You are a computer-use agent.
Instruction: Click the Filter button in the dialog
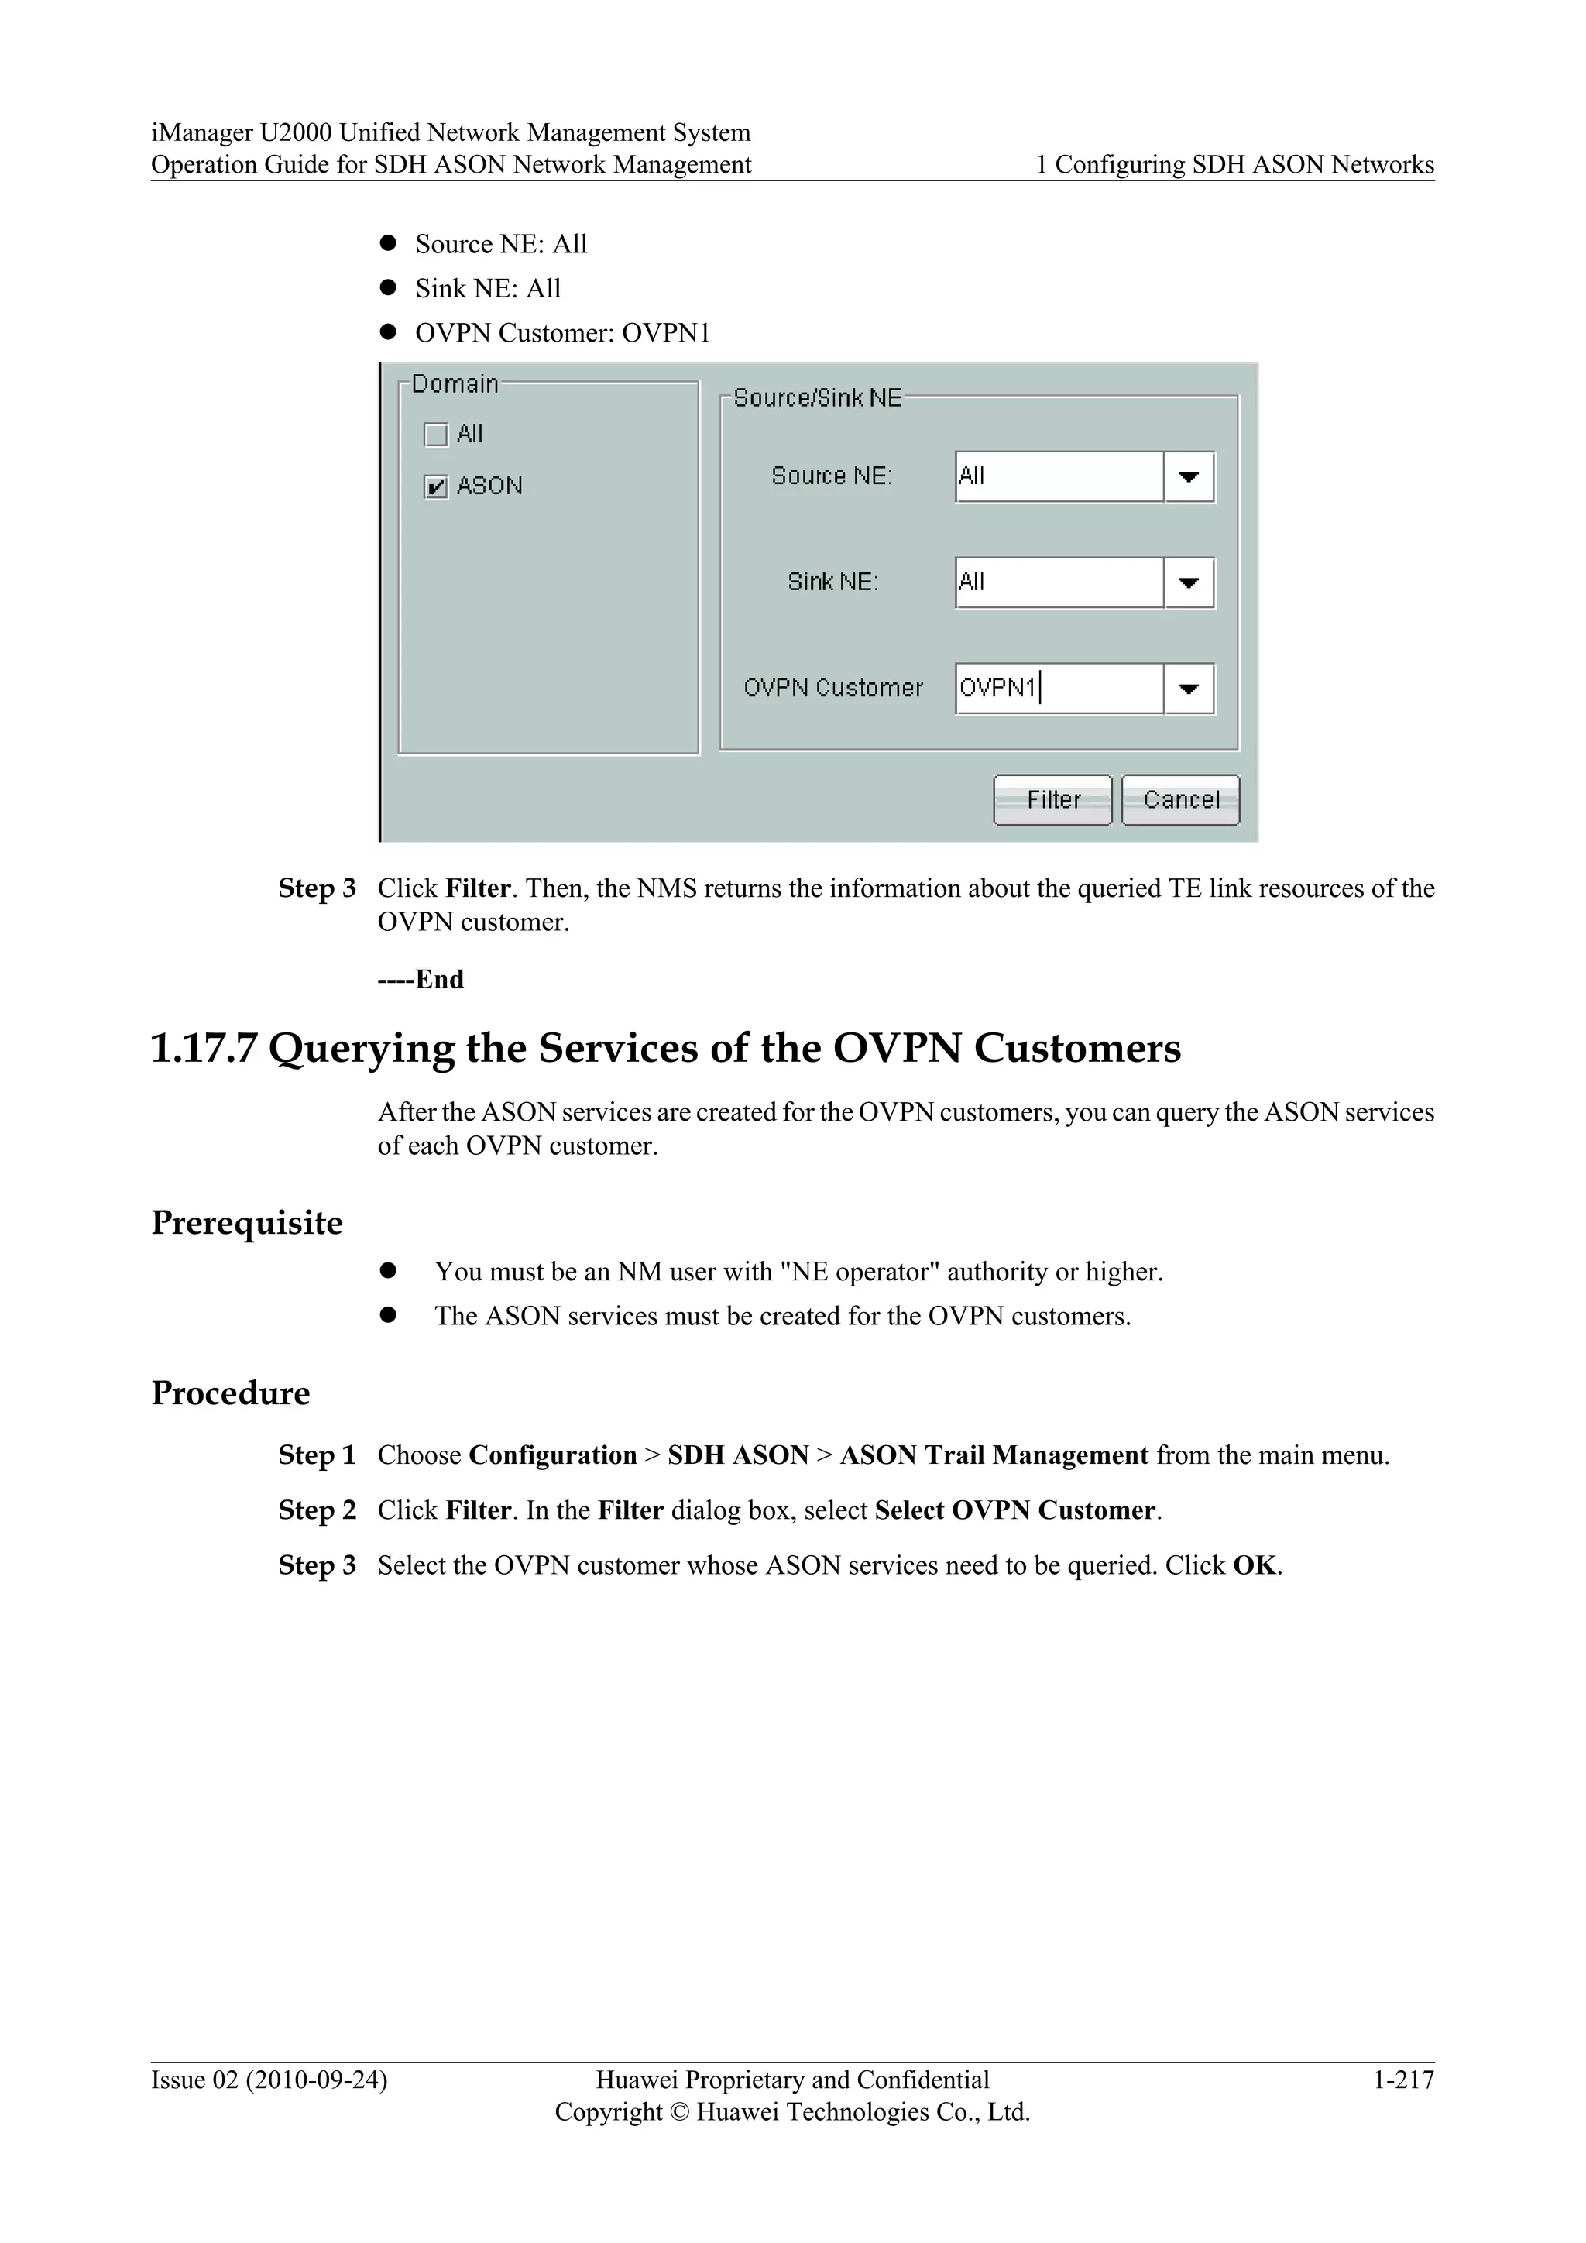pyautogui.click(x=1052, y=800)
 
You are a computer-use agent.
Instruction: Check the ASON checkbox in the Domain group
pyautogui.click(x=435, y=486)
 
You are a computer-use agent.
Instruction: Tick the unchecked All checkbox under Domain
pyautogui.click(x=435, y=434)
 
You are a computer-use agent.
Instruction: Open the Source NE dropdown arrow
pyautogui.click(x=1189, y=477)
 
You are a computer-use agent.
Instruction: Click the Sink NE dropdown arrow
pyautogui.click(x=1189, y=583)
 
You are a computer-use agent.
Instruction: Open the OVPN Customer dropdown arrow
pyautogui.click(x=1189, y=689)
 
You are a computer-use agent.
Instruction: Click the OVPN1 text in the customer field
pyautogui.click(x=997, y=688)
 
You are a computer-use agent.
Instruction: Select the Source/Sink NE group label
pyautogui.click(x=818, y=397)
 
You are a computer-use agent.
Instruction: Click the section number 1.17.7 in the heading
pyautogui.click(x=203, y=1048)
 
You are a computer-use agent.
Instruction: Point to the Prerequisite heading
pyautogui.click(x=246, y=1222)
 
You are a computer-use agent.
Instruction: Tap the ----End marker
pyautogui.click(x=421, y=979)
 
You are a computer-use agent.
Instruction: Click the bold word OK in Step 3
pyautogui.click(x=1254, y=1565)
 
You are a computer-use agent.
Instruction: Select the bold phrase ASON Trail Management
pyautogui.click(x=994, y=1455)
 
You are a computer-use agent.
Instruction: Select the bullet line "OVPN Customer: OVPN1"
pyautogui.click(x=562, y=333)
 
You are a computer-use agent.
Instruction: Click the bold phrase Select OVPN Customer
pyautogui.click(x=1014, y=1510)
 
